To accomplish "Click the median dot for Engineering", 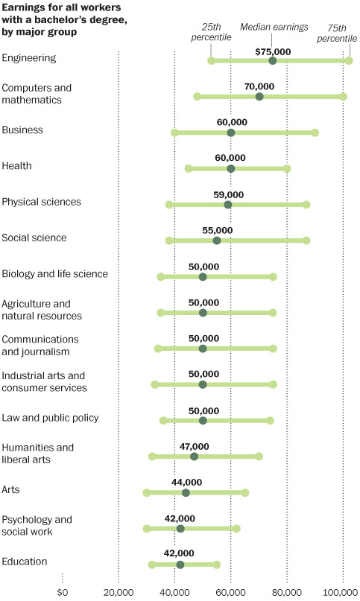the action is (273, 60).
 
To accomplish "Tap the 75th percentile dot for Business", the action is (315, 133).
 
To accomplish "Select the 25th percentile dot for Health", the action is (189, 168).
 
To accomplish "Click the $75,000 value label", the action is (273, 51).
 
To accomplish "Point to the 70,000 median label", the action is (259, 86).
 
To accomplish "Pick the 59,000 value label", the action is (228, 194).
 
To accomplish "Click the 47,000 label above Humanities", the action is (195, 447).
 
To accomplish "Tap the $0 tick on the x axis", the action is (62, 593).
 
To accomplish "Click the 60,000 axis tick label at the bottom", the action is (230, 593).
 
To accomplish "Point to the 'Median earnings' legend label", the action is (274, 28).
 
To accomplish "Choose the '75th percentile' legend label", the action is (337, 34).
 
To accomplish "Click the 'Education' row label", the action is (25, 562).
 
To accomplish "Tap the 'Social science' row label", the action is (34, 238).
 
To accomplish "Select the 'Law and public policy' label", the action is (50, 418).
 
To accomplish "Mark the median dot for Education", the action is (180, 565).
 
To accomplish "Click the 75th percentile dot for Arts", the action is (245, 492).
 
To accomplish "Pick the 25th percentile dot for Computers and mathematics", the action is (198, 96).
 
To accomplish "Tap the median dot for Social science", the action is (217, 241).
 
